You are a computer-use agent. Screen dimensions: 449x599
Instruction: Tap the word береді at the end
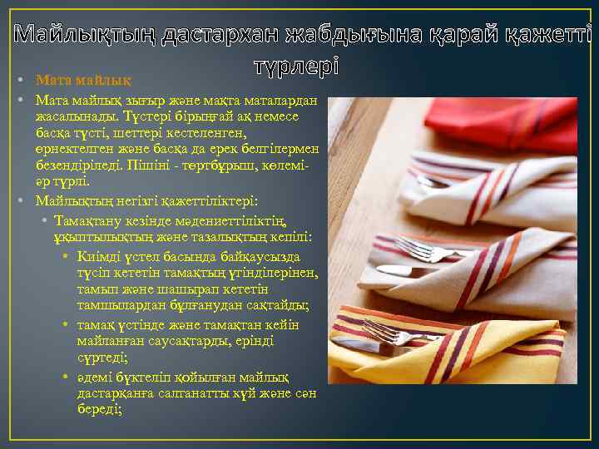pyautogui.click(x=98, y=409)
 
